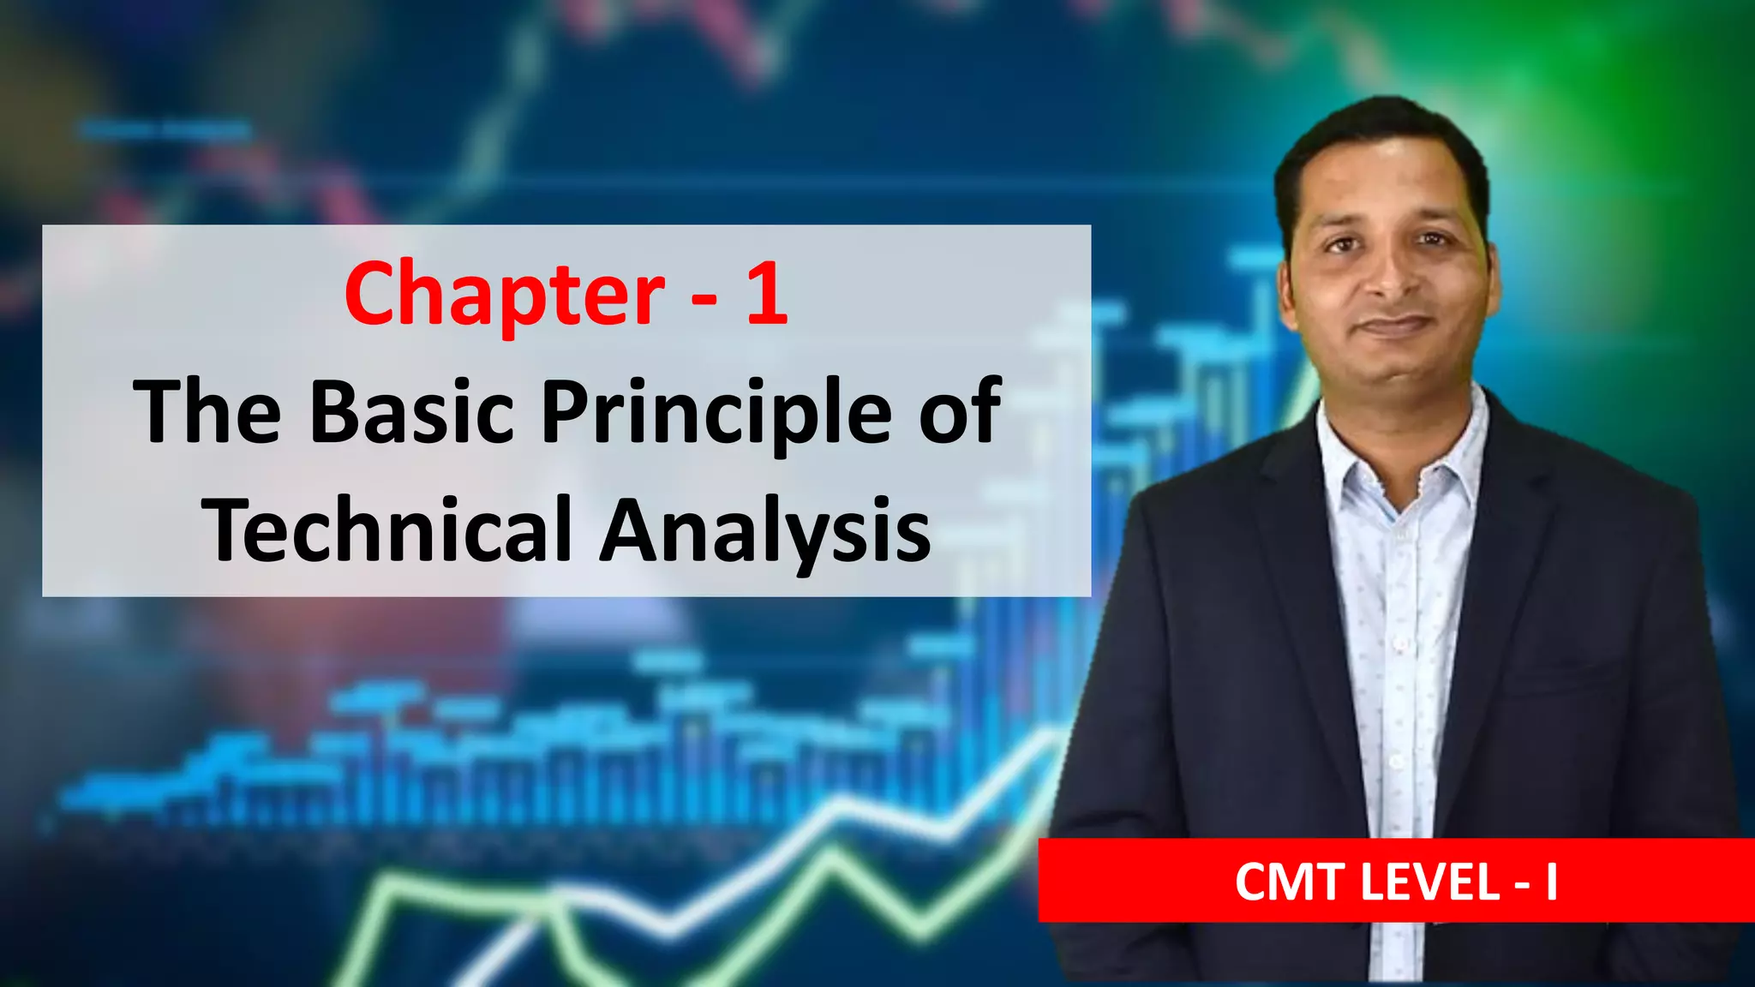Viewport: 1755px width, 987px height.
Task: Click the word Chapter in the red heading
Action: [x=504, y=296]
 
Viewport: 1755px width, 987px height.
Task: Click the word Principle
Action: [x=716, y=413]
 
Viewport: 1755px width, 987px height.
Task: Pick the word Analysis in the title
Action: [x=764, y=529]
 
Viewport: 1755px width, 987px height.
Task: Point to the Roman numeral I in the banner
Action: [x=1551, y=882]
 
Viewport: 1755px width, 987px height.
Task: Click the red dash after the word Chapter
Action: [x=704, y=297]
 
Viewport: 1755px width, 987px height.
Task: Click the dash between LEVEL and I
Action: [x=1521, y=883]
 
